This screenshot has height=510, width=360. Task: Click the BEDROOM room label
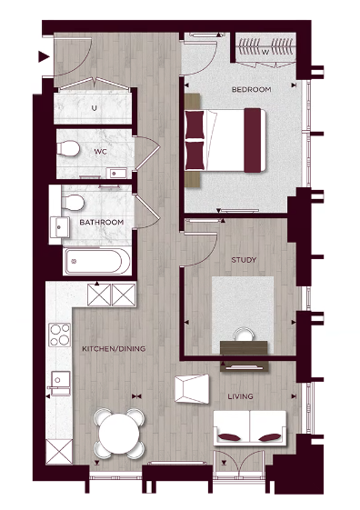253,89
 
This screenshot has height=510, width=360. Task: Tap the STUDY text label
245,260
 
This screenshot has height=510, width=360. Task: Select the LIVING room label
241,396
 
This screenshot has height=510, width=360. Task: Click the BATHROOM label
101,222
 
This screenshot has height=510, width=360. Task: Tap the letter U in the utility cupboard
94,108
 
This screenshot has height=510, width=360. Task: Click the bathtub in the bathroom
98,264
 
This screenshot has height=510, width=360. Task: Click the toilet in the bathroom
76,201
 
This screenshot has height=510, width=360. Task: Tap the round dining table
118,432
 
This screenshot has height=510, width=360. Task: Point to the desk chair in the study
240,335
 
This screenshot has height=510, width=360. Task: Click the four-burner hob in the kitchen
60,335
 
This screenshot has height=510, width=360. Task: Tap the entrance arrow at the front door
43,58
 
